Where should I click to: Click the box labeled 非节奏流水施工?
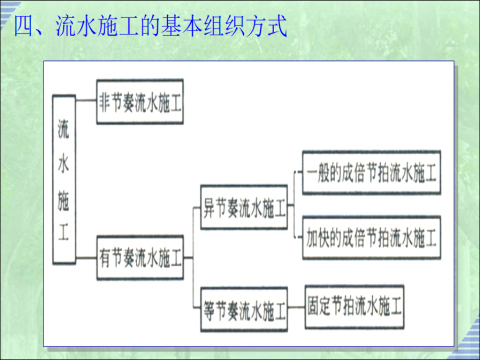pyautogui.click(x=140, y=104)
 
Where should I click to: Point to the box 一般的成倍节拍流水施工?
pyautogui.click(x=372, y=170)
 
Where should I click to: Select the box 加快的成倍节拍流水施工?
pyautogui.click(x=372, y=238)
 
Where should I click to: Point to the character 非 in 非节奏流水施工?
pyautogui.click(x=106, y=104)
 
